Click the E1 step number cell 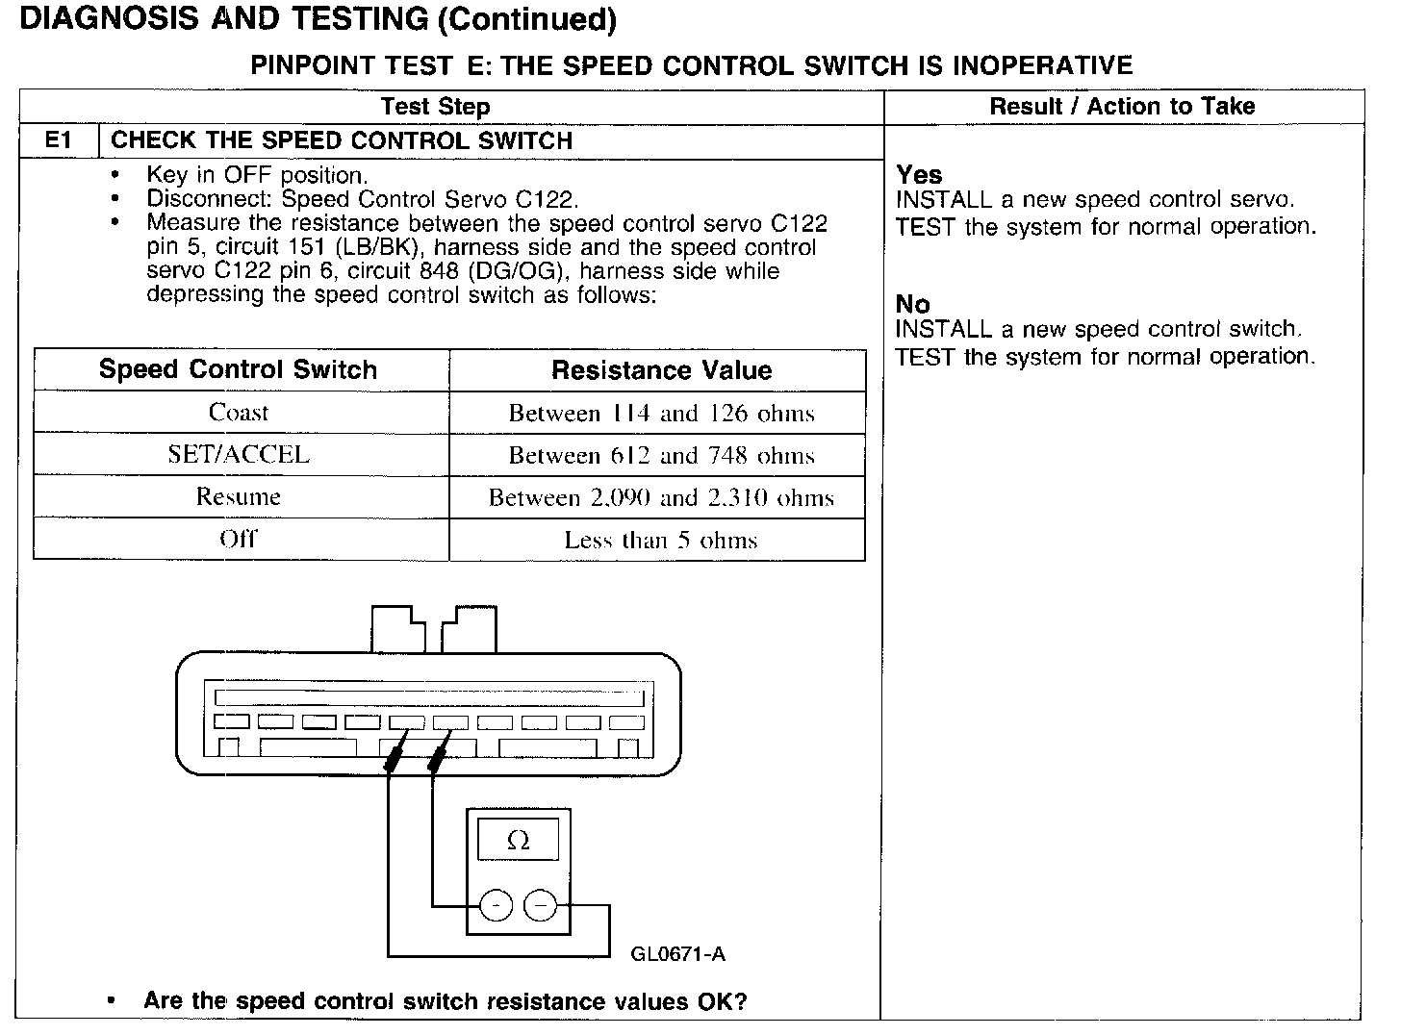pyautogui.click(x=58, y=140)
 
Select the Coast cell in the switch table pyautogui.click(x=239, y=413)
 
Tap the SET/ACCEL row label pyautogui.click(x=239, y=454)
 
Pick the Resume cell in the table pyautogui.click(x=239, y=496)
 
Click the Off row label pyautogui.click(x=239, y=539)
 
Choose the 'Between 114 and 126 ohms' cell pyautogui.click(x=661, y=414)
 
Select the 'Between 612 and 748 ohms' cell pyautogui.click(x=661, y=455)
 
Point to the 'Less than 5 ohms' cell pyautogui.click(x=661, y=540)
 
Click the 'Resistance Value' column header pyautogui.click(x=661, y=370)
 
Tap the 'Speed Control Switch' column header pyautogui.click(x=239, y=370)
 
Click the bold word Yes pyautogui.click(x=919, y=175)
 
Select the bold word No pyautogui.click(x=912, y=304)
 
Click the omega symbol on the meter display pyautogui.click(x=518, y=842)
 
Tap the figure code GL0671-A pyautogui.click(x=677, y=954)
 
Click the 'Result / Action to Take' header pyautogui.click(x=1122, y=107)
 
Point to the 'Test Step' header pyautogui.click(x=435, y=107)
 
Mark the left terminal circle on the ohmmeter pyautogui.click(x=496, y=905)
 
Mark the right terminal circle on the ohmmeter pyautogui.click(x=540, y=905)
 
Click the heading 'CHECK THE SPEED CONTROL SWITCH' pyautogui.click(x=342, y=140)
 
